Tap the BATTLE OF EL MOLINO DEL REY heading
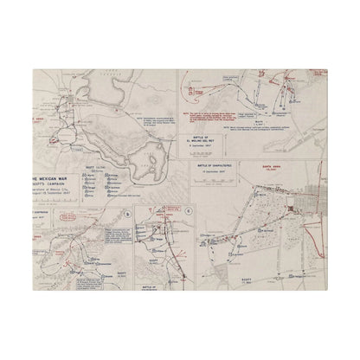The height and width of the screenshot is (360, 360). click(226, 137)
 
